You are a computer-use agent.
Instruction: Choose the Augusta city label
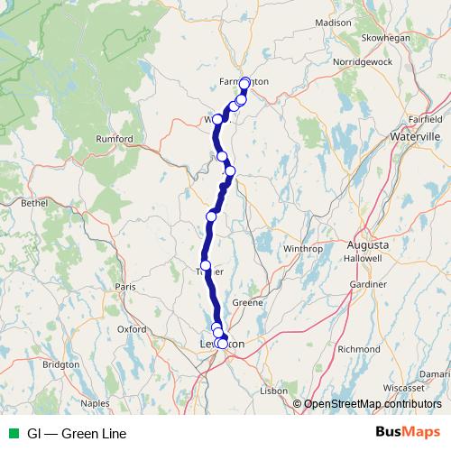tap(368, 245)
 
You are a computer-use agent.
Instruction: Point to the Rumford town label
tap(115, 139)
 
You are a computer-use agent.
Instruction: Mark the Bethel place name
tap(34, 204)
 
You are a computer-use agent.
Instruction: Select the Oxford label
tap(132, 329)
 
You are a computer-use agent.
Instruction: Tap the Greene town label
tap(248, 303)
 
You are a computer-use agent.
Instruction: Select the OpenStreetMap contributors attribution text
tap(372, 404)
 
